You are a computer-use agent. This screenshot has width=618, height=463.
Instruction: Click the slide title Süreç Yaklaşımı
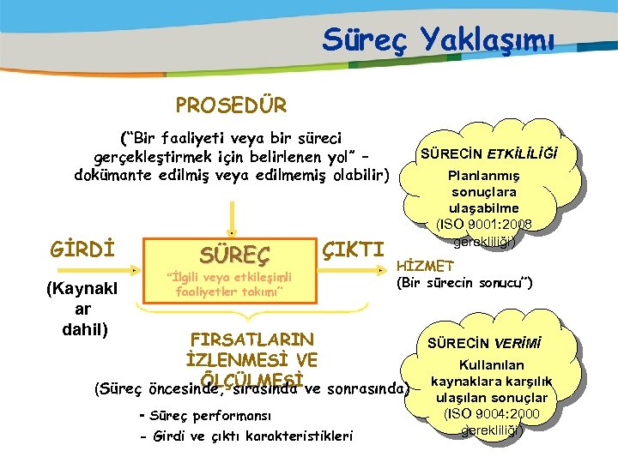(x=439, y=39)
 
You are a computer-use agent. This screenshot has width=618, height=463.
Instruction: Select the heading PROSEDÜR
(x=231, y=105)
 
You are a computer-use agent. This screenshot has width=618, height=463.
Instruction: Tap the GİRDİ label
(x=83, y=250)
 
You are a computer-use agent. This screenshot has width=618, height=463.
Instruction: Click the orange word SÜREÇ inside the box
(x=234, y=254)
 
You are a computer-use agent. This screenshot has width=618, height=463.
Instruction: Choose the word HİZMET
(x=425, y=268)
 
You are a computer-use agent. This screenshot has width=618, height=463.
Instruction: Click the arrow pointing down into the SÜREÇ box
(x=230, y=214)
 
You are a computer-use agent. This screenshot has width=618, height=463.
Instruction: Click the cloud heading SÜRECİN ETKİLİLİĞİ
(x=487, y=154)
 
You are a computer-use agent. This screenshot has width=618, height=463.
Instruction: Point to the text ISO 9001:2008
(x=484, y=225)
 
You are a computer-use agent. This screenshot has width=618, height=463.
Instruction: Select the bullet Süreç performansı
(x=203, y=416)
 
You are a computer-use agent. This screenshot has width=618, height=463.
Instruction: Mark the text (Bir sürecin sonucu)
(x=464, y=283)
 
